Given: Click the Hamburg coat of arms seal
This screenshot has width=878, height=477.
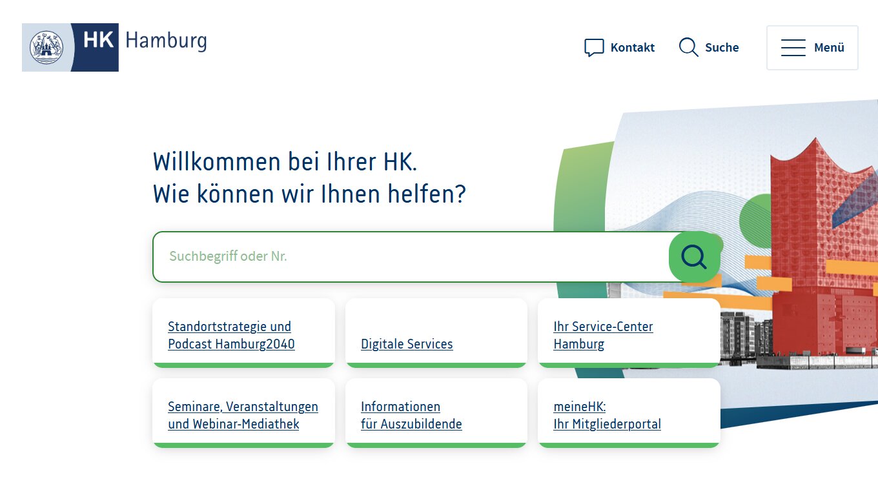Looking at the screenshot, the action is (x=46, y=47).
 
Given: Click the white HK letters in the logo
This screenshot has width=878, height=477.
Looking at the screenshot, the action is (x=98, y=40).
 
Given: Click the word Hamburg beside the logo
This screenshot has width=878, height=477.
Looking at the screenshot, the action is (x=166, y=41).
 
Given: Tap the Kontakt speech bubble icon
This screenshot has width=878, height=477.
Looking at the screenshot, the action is (x=594, y=47).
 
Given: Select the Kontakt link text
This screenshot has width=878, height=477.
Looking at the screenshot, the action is (x=632, y=47).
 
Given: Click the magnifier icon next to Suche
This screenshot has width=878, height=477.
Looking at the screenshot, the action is (x=688, y=47).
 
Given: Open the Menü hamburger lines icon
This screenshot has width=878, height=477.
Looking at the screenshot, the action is (x=793, y=47).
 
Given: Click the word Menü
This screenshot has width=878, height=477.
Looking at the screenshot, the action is (x=829, y=47).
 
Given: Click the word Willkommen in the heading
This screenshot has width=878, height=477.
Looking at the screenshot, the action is (x=217, y=161).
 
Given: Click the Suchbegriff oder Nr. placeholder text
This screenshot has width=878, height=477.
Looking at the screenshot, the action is (x=228, y=256).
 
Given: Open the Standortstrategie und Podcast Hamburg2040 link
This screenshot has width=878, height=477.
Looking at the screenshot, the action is (x=231, y=335).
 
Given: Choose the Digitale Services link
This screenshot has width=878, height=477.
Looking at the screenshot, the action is (x=407, y=344).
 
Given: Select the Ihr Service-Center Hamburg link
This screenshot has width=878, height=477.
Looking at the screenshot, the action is (x=603, y=335).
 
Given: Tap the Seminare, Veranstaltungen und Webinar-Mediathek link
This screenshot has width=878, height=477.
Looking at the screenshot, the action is (x=243, y=415).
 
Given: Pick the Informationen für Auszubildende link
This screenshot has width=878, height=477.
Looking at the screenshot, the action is (x=411, y=415).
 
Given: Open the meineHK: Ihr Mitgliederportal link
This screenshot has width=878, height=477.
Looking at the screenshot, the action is (x=607, y=415).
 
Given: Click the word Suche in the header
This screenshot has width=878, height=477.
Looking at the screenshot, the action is (x=722, y=47).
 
